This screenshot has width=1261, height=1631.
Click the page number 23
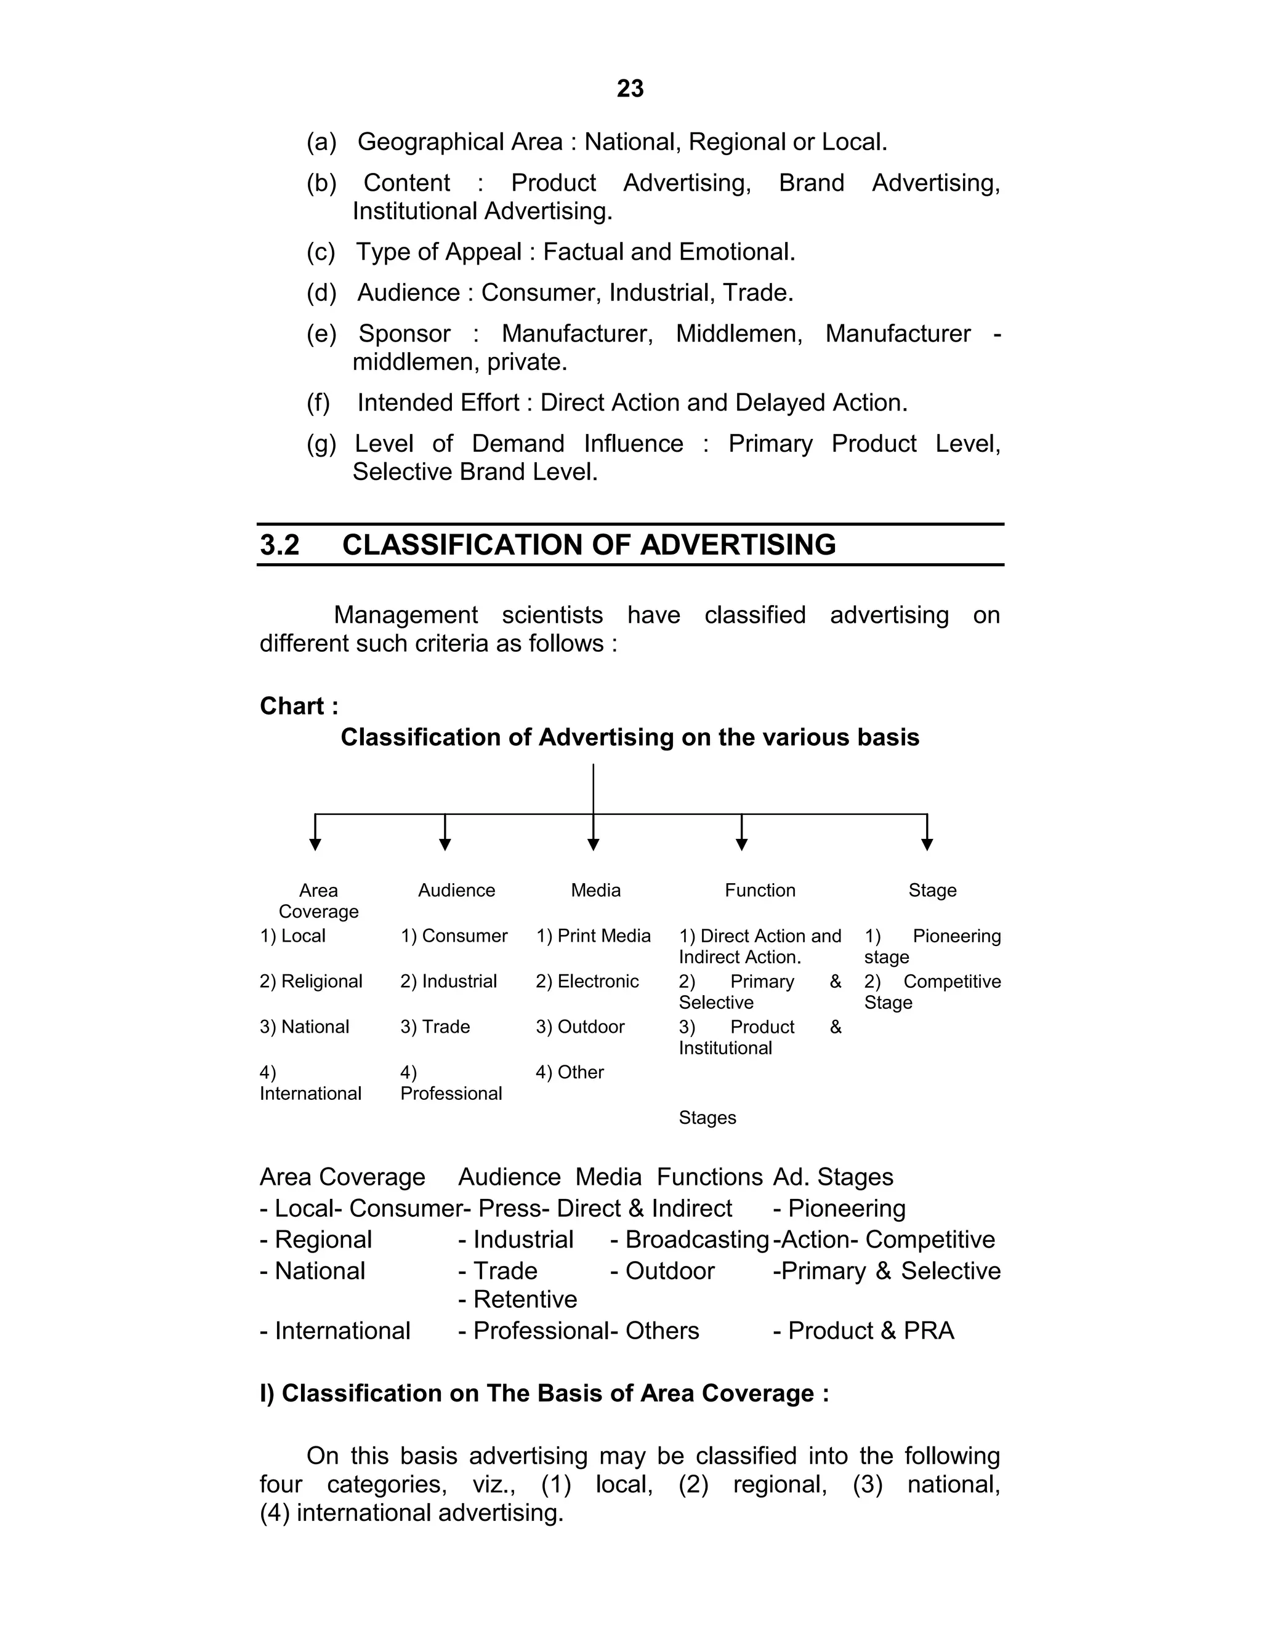[x=630, y=89]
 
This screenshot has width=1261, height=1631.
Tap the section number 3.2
[x=280, y=545]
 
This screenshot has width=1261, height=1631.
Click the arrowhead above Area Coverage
[x=315, y=844]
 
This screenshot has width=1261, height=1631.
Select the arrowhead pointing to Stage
[x=927, y=844]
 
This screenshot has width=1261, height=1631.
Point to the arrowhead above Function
[x=742, y=844]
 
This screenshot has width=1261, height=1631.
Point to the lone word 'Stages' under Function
[x=707, y=1118]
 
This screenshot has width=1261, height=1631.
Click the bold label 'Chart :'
[x=299, y=706]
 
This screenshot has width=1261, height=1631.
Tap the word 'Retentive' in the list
[x=525, y=1300]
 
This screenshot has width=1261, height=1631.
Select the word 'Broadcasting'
[x=697, y=1240]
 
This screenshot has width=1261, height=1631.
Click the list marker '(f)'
[x=318, y=403]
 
